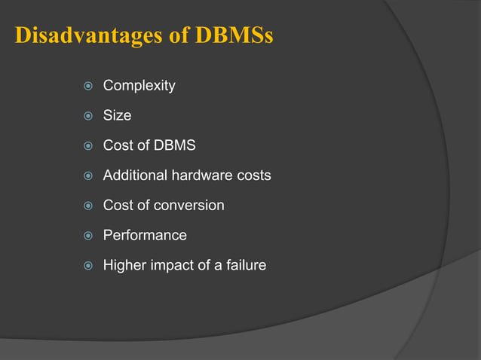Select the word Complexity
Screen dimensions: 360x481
click(x=139, y=86)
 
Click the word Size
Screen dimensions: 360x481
click(x=117, y=115)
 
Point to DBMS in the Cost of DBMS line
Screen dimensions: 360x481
click(x=174, y=145)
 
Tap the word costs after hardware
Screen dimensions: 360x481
click(x=253, y=175)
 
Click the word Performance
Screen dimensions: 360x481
click(x=145, y=235)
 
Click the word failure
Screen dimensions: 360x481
click(x=244, y=265)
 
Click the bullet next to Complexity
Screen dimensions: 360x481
click(x=87, y=86)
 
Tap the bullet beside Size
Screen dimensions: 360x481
click(x=87, y=116)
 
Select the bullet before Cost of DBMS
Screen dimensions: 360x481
click(x=87, y=146)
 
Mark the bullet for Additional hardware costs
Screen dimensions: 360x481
click(x=87, y=175)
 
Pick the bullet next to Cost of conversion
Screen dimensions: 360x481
click(x=87, y=206)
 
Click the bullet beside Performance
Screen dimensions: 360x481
click(x=87, y=236)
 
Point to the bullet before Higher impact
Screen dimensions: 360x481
click(x=87, y=265)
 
